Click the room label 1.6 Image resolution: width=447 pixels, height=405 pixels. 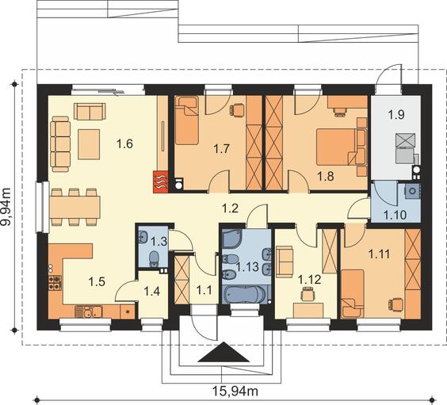tap(124, 143)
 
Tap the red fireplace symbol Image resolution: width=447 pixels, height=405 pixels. tap(161, 181)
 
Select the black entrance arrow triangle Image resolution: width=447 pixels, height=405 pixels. tap(223, 352)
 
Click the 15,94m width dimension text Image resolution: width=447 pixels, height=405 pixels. tap(235, 391)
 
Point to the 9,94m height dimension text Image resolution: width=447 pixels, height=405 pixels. tap(6, 207)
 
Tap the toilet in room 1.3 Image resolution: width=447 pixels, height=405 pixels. tap(154, 258)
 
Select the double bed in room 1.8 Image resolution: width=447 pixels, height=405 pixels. tap(338, 147)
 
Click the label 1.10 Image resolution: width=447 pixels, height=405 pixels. tap(395, 215)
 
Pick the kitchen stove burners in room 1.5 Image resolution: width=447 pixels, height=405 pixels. tap(55, 282)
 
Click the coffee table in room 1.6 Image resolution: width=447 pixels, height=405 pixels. tap(89, 144)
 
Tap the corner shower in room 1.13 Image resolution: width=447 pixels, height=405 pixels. tap(232, 239)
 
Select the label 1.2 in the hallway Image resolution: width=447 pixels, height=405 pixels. tap(230, 208)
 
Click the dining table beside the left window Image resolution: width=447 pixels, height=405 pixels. tap(74, 207)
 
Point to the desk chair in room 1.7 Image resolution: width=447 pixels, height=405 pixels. tap(237, 109)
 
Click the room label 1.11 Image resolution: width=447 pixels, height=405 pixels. tap(380, 254)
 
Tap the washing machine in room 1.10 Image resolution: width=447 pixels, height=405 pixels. tap(412, 191)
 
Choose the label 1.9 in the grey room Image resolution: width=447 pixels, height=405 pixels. tap(396, 115)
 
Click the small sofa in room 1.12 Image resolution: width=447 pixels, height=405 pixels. tap(285, 262)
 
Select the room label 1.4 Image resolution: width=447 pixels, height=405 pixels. tap(151, 292)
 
